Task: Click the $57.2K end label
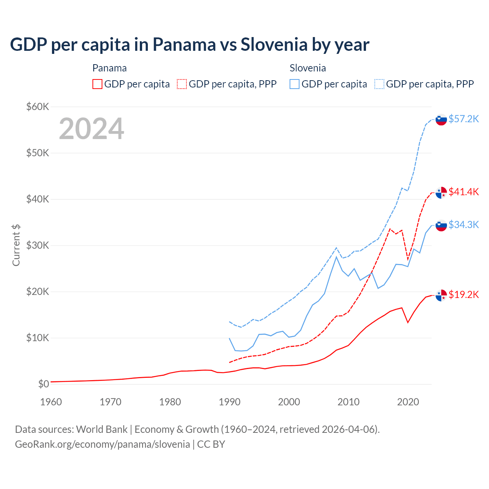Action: (x=463, y=119)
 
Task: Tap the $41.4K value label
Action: (x=463, y=192)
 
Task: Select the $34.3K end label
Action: (x=463, y=225)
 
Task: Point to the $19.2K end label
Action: (x=463, y=295)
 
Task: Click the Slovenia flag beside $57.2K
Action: (x=441, y=120)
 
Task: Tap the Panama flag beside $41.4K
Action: (x=441, y=193)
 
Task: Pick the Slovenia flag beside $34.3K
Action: (x=441, y=225)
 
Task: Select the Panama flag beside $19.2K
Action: (x=441, y=295)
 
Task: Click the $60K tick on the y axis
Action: (x=37, y=107)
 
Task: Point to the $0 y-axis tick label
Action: (x=44, y=384)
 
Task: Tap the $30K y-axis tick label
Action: (x=37, y=245)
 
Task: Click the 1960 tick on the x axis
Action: (x=51, y=402)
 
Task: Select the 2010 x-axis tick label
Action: (x=348, y=402)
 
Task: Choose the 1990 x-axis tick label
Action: (x=230, y=402)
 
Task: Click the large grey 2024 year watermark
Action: (x=91, y=129)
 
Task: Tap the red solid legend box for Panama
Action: (x=97, y=84)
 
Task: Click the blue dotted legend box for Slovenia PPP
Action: (x=379, y=84)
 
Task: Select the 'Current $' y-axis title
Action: (x=16, y=245)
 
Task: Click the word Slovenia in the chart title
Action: (x=274, y=45)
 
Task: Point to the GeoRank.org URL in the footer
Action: (x=102, y=444)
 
